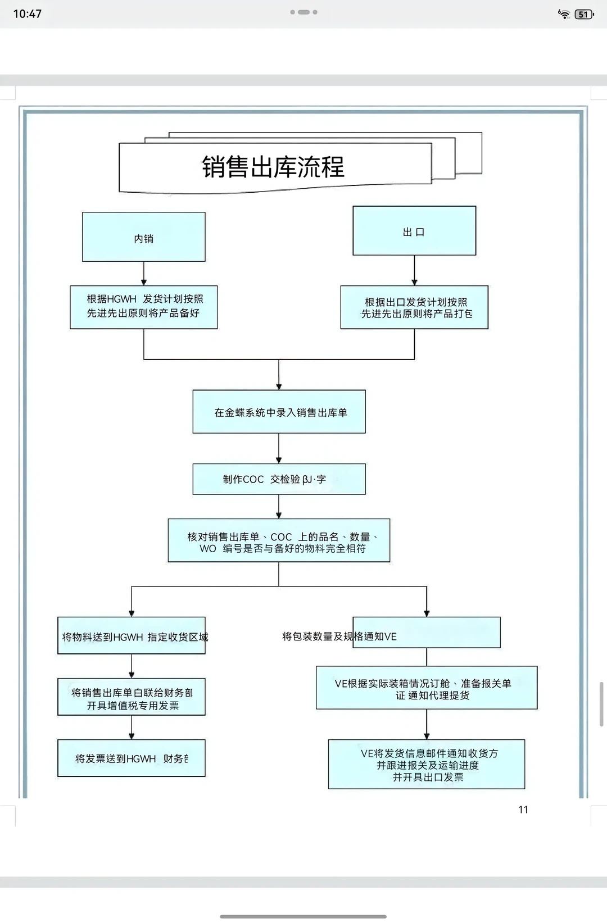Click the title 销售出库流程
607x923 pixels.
[x=273, y=167]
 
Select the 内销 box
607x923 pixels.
[x=144, y=237]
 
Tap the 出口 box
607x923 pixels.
[x=414, y=231]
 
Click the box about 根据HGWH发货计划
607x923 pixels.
[x=144, y=307]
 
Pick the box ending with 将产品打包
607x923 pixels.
[x=414, y=307]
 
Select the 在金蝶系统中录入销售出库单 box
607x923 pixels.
[x=279, y=412]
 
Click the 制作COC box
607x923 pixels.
[x=279, y=479]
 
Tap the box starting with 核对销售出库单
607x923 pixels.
[x=279, y=540]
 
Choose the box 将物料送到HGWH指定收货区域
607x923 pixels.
[x=132, y=636]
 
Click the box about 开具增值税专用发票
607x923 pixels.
[x=132, y=697]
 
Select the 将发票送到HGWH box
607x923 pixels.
[x=132, y=758]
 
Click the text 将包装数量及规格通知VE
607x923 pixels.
[x=339, y=636]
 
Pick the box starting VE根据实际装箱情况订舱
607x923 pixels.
[x=427, y=688]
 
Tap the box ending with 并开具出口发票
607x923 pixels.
[x=427, y=765]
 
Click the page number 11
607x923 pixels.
[x=523, y=810]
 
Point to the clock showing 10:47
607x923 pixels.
[x=27, y=14]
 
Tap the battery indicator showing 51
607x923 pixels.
[x=584, y=15]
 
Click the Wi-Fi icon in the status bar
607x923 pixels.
[x=564, y=15]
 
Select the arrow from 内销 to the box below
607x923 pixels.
[x=144, y=274]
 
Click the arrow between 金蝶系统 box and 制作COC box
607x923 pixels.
[x=279, y=449]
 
